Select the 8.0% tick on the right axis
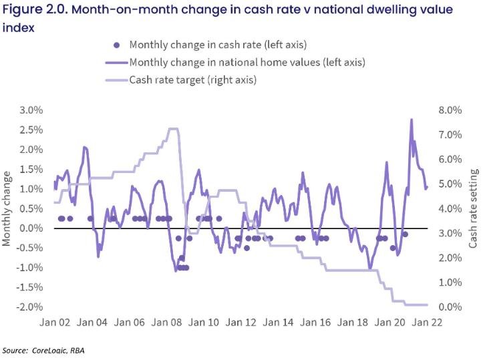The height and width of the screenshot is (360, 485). (x=449, y=110)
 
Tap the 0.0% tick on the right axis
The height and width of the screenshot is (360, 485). (x=449, y=307)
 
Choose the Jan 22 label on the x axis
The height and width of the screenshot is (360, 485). (x=428, y=322)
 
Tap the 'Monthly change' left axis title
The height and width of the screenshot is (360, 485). (x=8, y=208)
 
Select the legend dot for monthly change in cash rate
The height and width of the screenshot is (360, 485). (x=117, y=45)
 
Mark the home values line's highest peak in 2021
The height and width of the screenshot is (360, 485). (x=411, y=120)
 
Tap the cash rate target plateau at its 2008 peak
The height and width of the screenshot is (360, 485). (x=173, y=129)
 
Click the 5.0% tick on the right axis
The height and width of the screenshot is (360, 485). (x=449, y=184)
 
